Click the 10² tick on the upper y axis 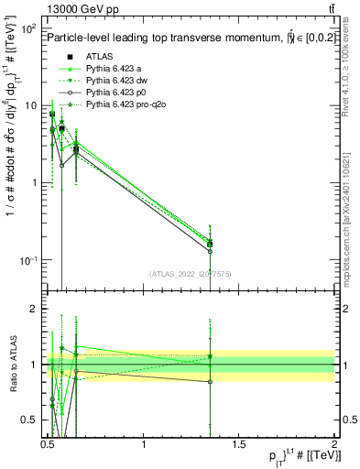click(29, 29)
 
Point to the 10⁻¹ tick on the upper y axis click(29, 260)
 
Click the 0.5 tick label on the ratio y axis click(32, 420)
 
